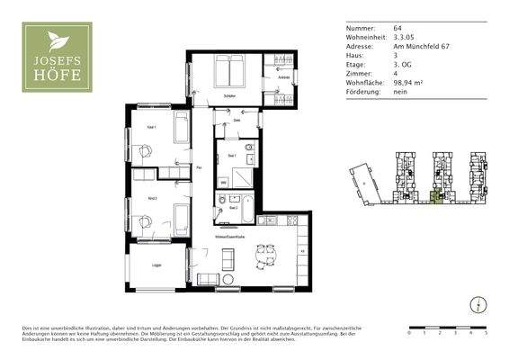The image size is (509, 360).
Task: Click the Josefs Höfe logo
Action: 57,58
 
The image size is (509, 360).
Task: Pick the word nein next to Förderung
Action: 400,92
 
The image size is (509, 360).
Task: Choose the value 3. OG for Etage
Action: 403,65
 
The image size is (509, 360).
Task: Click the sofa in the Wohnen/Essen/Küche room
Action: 228,258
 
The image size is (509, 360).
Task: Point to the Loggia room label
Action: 156,265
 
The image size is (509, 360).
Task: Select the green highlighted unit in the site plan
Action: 437,196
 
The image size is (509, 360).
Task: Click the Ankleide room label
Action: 283,79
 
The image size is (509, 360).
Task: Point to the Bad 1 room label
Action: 231,157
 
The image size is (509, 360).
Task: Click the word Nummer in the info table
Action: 361,29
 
